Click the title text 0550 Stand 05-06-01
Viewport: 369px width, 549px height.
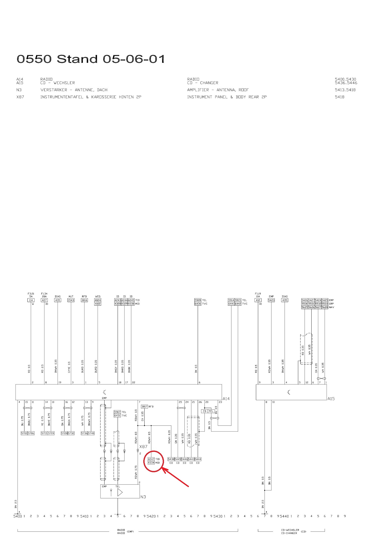[x=91, y=59]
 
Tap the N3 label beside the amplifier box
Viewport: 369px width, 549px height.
[x=143, y=497]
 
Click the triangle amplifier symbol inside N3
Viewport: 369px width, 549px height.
[x=120, y=492]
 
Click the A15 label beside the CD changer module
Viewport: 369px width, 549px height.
[x=331, y=398]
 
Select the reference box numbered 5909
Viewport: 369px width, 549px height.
[x=198, y=300]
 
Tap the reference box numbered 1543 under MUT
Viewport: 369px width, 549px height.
[x=71, y=300]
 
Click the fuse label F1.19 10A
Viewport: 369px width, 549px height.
[x=258, y=295]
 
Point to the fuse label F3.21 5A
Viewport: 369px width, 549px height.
[x=31, y=295]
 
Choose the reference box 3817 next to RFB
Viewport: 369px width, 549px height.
[x=144, y=407]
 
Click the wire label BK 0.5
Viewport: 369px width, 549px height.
[x=196, y=369]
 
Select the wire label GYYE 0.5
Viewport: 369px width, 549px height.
[x=69, y=367]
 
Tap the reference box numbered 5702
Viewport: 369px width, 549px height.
[x=24, y=433]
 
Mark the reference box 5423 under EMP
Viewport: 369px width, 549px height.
[x=271, y=300]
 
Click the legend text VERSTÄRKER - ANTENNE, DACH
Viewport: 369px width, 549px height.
[x=74, y=90]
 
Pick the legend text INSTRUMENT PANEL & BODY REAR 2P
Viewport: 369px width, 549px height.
[x=227, y=97]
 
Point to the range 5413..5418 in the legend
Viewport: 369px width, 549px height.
[x=345, y=90]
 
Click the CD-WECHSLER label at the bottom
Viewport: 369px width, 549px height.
[x=290, y=530]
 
